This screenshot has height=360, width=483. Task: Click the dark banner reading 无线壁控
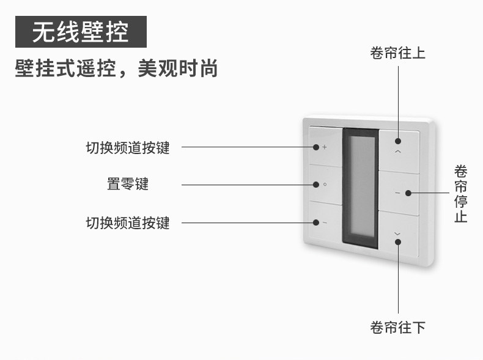(x=81, y=32)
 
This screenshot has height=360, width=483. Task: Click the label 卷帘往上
(x=397, y=53)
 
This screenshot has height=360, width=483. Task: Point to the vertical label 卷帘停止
(x=460, y=193)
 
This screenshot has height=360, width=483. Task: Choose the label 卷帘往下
(x=397, y=328)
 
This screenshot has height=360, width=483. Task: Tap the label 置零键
(x=128, y=184)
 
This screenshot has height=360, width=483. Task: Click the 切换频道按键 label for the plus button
(x=128, y=147)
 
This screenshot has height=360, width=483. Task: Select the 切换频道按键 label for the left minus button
(x=128, y=222)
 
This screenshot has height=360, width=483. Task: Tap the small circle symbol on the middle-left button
(x=325, y=184)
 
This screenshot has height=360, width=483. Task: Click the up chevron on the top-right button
(x=399, y=150)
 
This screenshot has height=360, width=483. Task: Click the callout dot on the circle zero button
(x=316, y=184)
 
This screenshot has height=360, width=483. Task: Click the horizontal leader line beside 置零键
(x=245, y=184)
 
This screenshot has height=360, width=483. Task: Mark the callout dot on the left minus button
(x=316, y=222)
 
